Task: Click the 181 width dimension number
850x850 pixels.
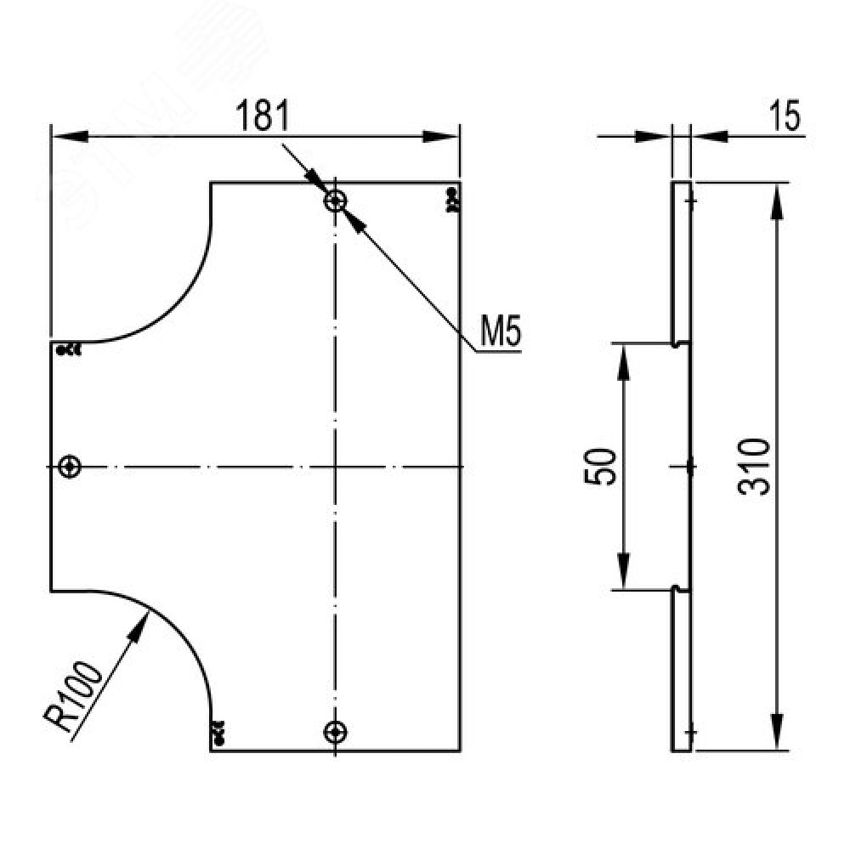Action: (x=263, y=116)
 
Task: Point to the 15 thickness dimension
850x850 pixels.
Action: (x=785, y=116)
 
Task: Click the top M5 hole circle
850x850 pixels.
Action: (x=335, y=201)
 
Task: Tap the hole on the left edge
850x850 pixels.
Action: (x=70, y=466)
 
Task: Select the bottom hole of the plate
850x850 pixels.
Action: (x=335, y=733)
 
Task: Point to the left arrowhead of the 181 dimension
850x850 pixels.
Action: (x=70, y=135)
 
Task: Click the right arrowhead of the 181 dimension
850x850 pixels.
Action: (x=441, y=135)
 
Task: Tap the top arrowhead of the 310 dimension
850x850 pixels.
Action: (x=777, y=201)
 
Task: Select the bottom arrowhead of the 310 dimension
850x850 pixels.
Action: (x=777, y=733)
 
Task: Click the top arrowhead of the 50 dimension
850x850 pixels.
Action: (x=623, y=362)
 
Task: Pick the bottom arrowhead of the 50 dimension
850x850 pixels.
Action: (x=623, y=571)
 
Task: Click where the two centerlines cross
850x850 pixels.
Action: (x=335, y=466)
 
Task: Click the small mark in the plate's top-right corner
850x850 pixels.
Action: (x=450, y=200)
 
